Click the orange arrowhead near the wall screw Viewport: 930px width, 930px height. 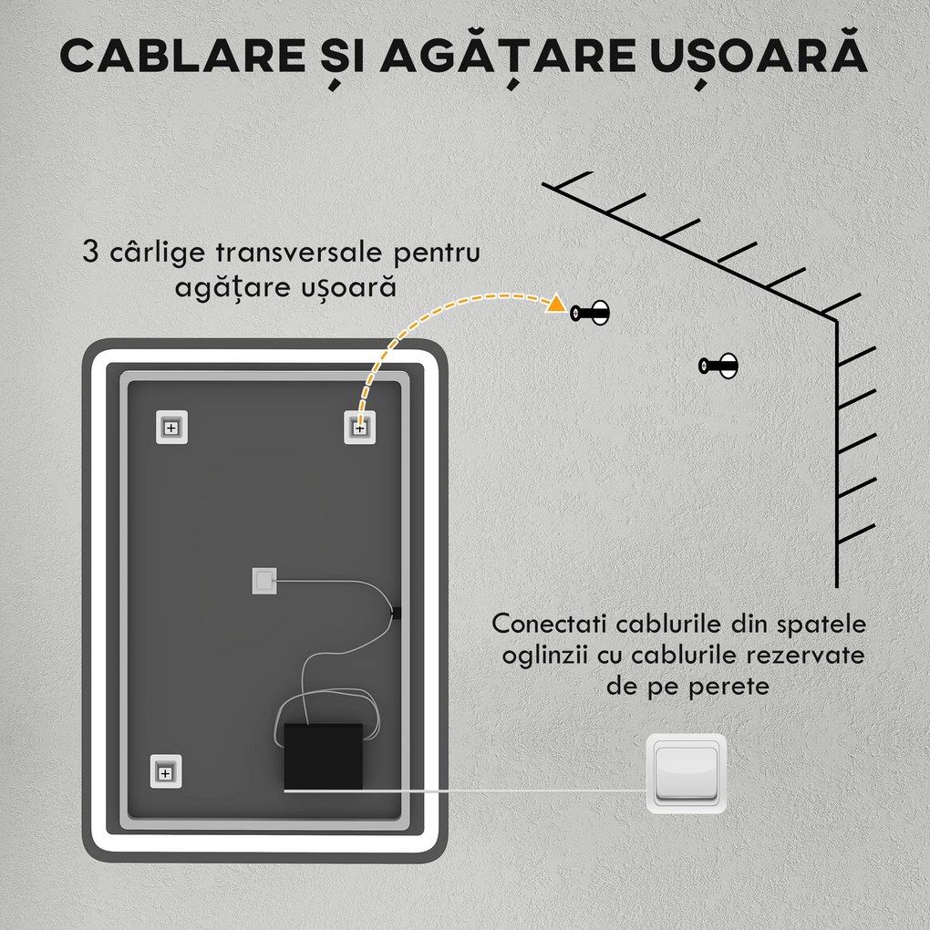pos(554,305)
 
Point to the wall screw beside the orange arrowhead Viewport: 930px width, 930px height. pos(591,313)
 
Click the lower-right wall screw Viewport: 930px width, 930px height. pos(718,366)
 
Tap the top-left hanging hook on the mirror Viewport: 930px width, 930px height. pos(170,427)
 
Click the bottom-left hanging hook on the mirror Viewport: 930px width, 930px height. pos(165,772)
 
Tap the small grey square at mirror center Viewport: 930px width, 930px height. pos(263,580)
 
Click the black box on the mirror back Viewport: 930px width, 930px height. pos(324,756)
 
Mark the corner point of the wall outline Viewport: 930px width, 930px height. pos(837,319)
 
